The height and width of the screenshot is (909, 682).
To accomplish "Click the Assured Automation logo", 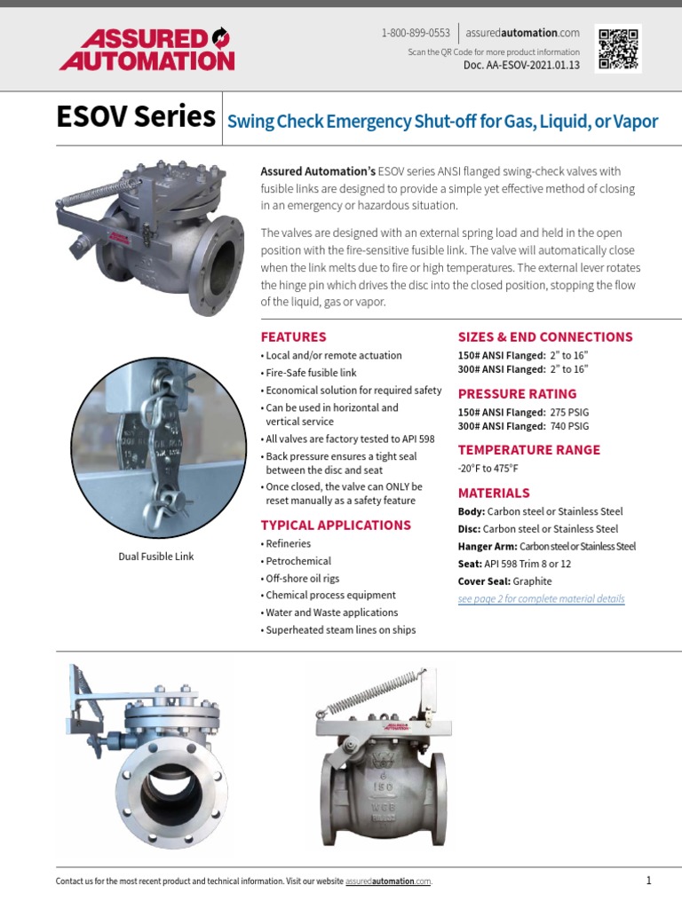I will click(147, 50).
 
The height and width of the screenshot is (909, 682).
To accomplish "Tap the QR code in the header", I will click(618, 47).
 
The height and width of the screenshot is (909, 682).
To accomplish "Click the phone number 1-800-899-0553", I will click(416, 33).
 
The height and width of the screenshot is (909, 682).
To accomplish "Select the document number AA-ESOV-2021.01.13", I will click(521, 66).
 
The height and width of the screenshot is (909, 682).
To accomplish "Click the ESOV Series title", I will click(135, 116).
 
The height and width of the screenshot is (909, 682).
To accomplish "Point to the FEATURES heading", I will click(293, 336).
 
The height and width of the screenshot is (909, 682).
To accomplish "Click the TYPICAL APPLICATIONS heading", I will click(336, 525).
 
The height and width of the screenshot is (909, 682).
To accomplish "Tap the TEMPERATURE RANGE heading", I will click(528, 449).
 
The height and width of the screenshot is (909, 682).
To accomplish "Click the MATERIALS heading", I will click(494, 493).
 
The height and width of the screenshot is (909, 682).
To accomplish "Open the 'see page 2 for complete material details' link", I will click(541, 599).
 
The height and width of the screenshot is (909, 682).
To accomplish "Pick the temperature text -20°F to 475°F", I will click(488, 468).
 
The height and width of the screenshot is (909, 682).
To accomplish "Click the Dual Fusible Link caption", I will click(156, 557).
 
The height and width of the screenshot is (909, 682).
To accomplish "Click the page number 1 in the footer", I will click(649, 881).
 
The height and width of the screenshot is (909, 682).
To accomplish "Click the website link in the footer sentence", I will click(388, 881).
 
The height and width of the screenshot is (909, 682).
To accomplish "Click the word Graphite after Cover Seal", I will click(533, 581).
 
